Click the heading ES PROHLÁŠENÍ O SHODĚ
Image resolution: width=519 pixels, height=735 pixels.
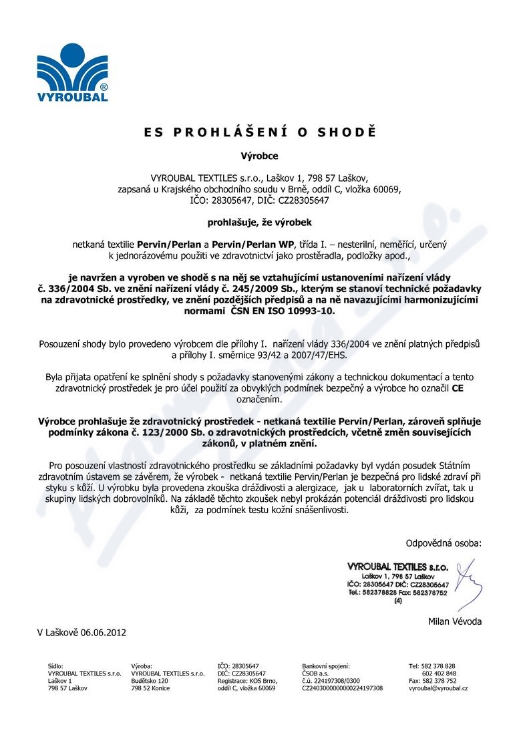coord(259,132)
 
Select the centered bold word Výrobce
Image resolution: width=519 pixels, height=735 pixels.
coord(259,156)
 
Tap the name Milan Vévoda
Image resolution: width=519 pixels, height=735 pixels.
coord(454,621)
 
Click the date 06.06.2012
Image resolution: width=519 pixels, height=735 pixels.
coord(104,632)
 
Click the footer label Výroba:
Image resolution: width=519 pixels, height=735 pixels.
coord(142,666)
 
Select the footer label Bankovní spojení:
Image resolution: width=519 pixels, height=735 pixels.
coord(326,666)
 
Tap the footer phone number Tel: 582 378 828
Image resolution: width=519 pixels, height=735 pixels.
coord(432,666)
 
